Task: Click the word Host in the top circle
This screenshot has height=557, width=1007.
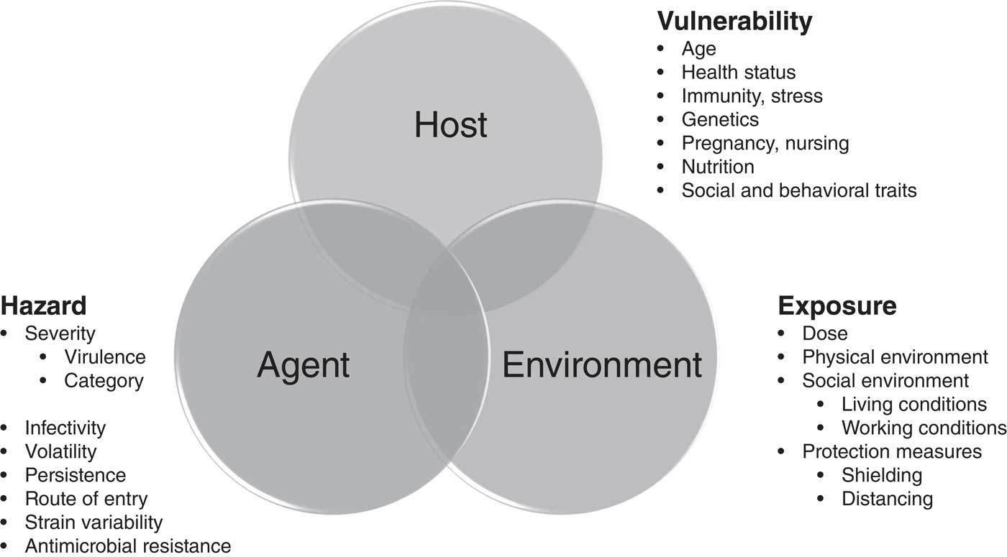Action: tap(451, 125)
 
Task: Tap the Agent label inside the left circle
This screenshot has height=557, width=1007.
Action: tap(304, 364)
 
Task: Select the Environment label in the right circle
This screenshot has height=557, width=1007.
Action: tap(601, 364)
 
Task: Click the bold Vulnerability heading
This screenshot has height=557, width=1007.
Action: tap(734, 22)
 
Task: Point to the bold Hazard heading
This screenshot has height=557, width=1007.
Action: tap(43, 305)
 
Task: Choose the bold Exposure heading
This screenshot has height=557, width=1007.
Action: tap(837, 305)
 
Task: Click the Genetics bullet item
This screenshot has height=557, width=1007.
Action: tap(720, 119)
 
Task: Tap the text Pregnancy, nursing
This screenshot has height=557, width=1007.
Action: tap(765, 142)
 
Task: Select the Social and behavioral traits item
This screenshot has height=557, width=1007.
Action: tap(799, 190)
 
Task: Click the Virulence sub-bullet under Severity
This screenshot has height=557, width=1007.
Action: tap(104, 356)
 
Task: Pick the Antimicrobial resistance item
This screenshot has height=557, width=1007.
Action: tap(128, 546)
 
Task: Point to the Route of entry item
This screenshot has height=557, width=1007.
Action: tap(86, 498)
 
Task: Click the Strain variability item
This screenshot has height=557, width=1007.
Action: tap(94, 522)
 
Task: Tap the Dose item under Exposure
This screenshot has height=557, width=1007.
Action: tap(825, 333)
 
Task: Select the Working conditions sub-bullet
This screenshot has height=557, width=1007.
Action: tap(924, 428)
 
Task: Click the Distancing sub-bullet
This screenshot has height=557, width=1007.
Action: tap(887, 499)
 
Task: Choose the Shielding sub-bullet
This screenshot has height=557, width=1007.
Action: tap(882, 475)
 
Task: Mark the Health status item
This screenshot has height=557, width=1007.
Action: tap(739, 72)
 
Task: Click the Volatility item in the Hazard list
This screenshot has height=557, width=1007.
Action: tap(60, 451)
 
